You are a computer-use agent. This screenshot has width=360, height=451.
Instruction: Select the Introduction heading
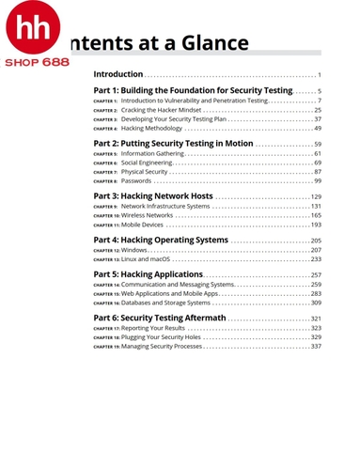click(x=117, y=74)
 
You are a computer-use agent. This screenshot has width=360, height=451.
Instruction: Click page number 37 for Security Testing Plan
click(x=317, y=119)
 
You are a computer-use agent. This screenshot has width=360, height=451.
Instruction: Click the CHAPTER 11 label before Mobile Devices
click(x=106, y=225)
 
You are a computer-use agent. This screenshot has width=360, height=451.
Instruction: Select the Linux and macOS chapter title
click(x=145, y=259)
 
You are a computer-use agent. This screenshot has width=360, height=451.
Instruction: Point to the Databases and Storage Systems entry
click(x=165, y=303)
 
